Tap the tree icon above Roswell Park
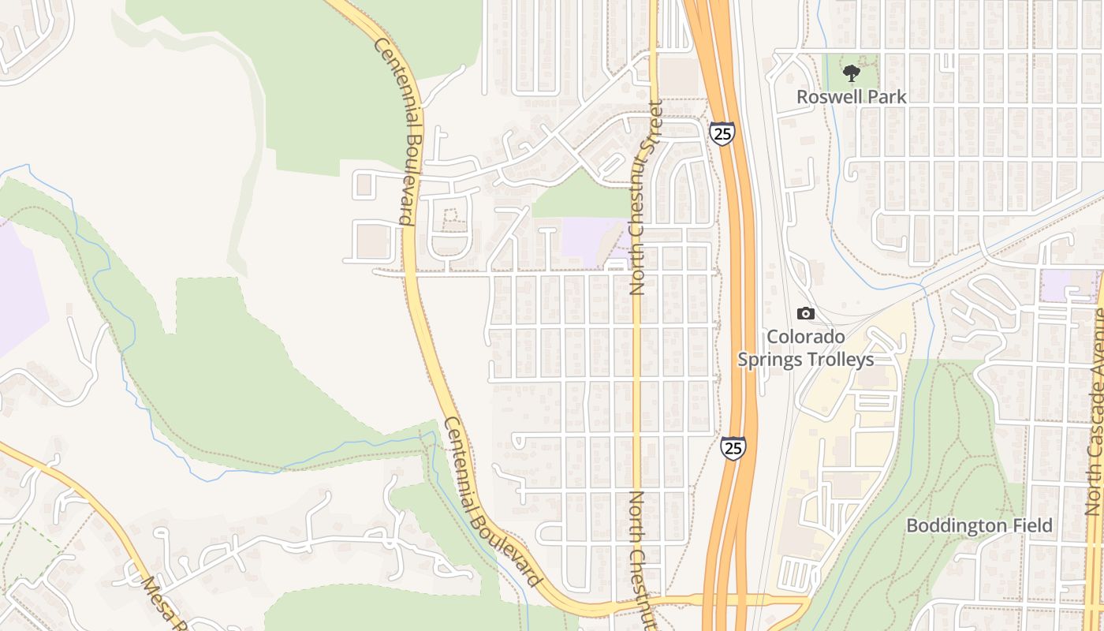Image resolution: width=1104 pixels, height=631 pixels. coord(851,74)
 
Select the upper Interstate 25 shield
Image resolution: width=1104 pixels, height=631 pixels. coord(722,133)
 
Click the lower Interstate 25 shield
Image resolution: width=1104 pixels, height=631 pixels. coord(733,448)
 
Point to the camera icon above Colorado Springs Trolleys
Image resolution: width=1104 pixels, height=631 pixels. coord(805,313)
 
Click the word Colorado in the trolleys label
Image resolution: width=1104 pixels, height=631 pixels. coord(806,337)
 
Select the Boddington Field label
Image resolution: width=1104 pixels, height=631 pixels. coord(979,525)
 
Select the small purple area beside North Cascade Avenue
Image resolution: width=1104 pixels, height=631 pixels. coord(1067,285)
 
